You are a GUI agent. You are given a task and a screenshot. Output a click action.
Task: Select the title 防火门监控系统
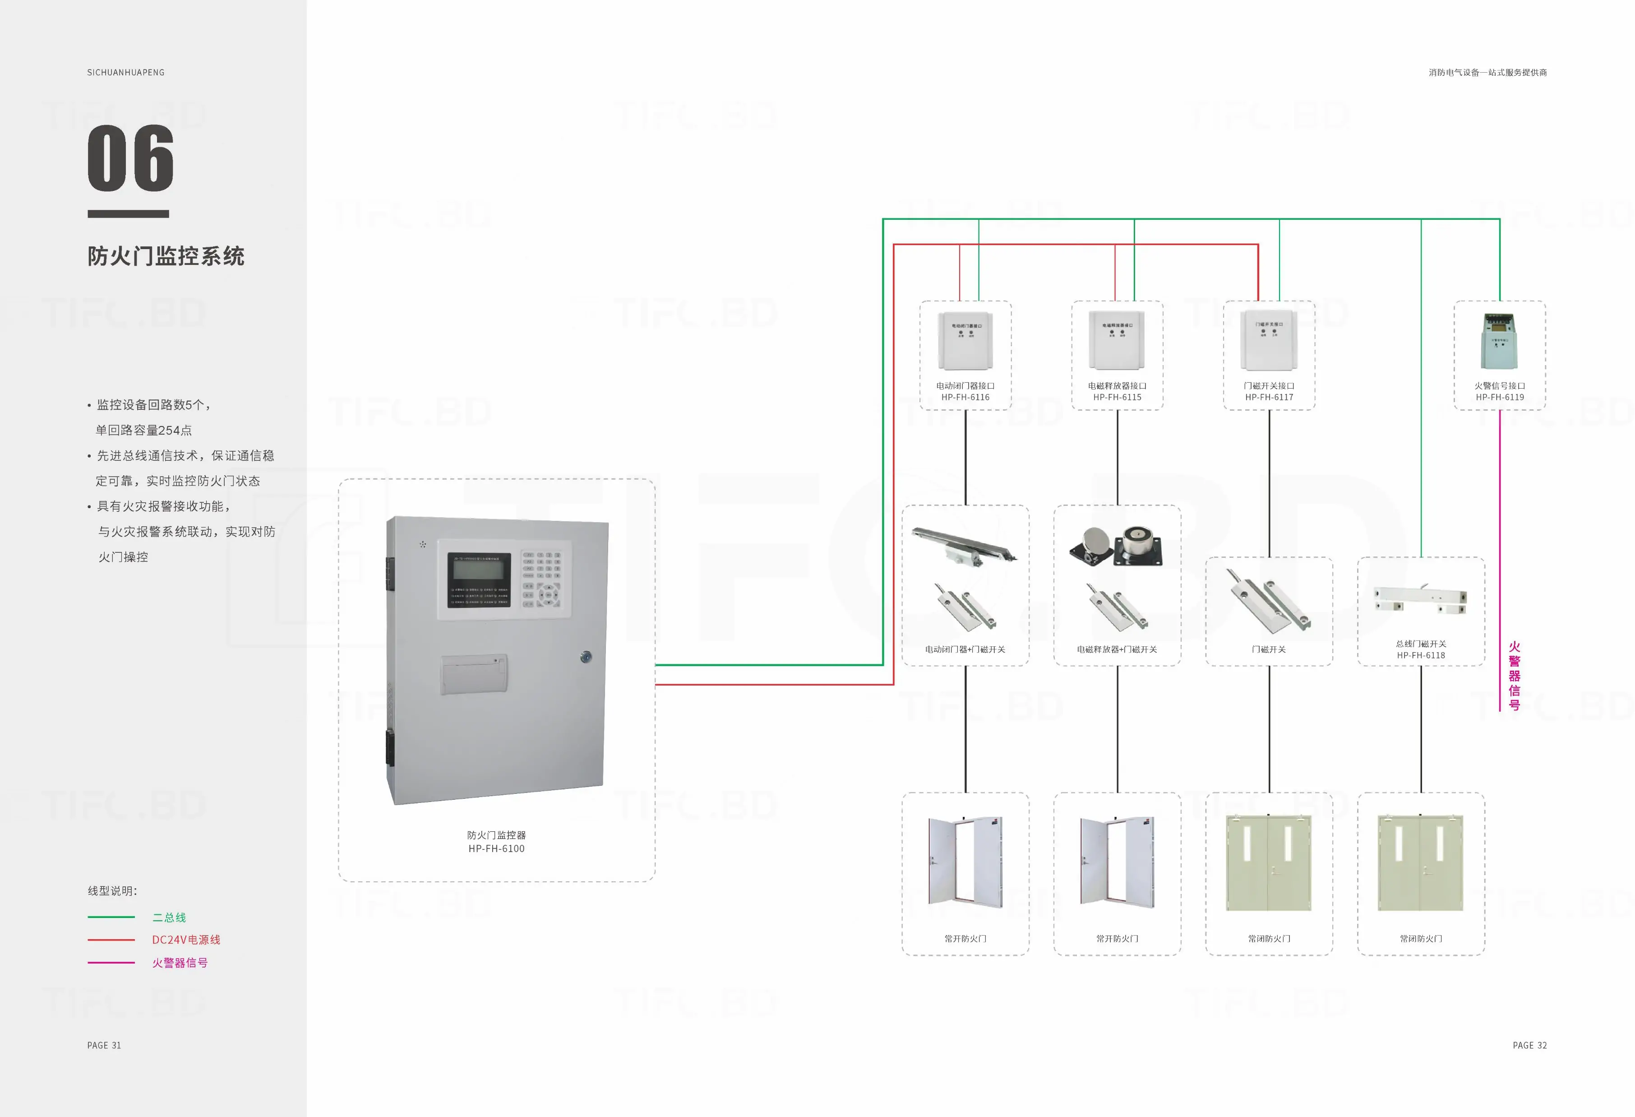point(166,256)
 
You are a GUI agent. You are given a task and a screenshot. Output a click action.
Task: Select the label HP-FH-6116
point(965,398)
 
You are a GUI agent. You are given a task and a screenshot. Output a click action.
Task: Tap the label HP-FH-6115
point(1117,398)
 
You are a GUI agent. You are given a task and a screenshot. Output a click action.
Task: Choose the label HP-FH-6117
point(1269,398)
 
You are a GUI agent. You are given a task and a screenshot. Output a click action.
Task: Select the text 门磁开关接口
point(1269,386)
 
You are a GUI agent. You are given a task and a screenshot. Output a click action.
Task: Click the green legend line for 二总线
point(111,917)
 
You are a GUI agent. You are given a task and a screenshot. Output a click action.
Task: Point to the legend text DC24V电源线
point(186,940)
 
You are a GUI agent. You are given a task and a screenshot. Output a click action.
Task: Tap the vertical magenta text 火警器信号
point(1514,676)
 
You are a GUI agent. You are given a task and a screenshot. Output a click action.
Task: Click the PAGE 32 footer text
point(1529,1045)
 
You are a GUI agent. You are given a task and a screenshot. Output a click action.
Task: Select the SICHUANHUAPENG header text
point(126,73)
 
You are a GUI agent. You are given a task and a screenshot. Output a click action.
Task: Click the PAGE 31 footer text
point(104,1045)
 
